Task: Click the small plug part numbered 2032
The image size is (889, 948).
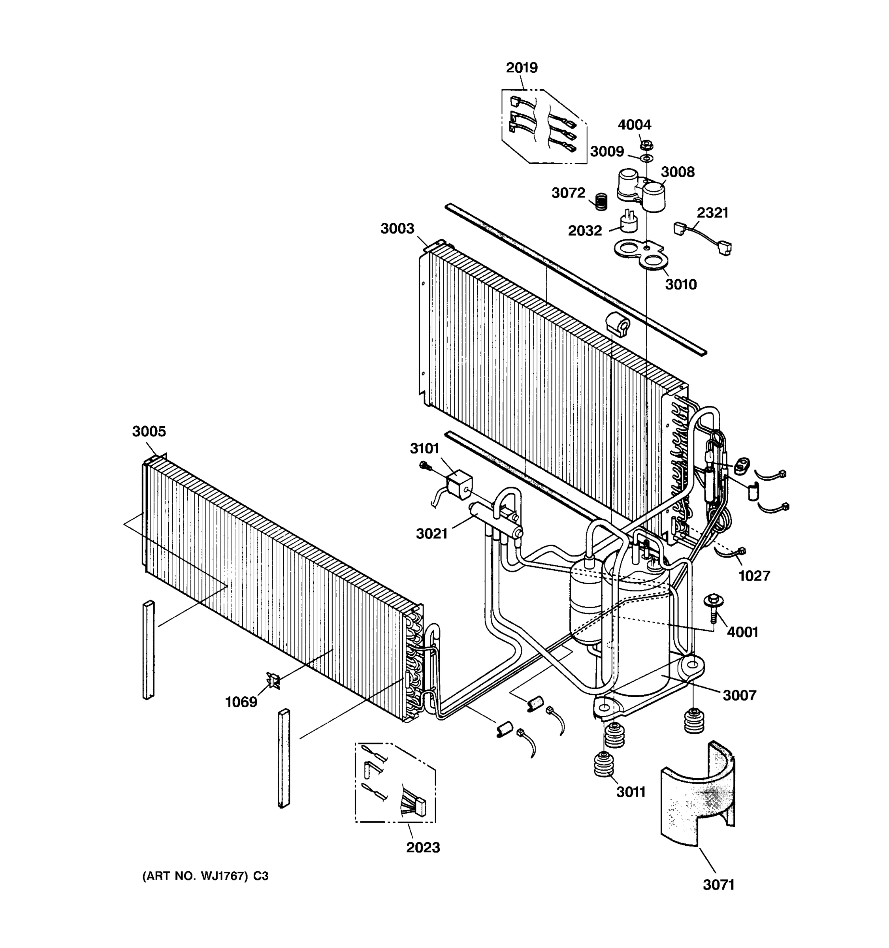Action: [628, 222]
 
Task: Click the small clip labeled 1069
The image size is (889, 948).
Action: [273, 681]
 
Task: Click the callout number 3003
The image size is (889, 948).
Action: [397, 228]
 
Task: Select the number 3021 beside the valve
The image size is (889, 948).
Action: [431, 534]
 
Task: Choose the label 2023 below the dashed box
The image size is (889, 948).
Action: [422, 847]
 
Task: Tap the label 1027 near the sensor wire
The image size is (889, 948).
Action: [754, 576]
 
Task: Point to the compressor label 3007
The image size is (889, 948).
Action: [739, 695]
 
